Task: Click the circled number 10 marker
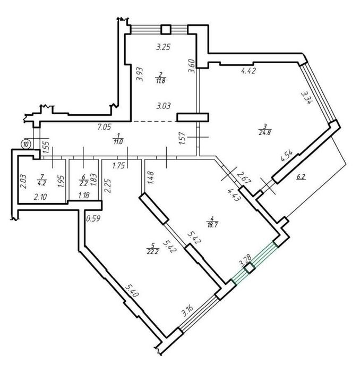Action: click(x=27, y=144)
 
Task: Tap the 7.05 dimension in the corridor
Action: click(x=104, y=128)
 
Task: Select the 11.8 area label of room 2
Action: click(x=161, y=81)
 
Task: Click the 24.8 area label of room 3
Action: click(x=265, y=132)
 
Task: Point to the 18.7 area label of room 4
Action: click(x=212, y=225)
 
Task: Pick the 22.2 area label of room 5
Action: click(x=152, y=251)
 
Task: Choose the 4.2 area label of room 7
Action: click(x=42, y=182)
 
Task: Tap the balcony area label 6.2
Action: click(x=301, y=177)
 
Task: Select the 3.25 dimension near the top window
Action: click(x=164, y=47)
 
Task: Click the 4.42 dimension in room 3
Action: click(x=248, y=71)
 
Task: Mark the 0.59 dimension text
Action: click(x=93, y=218)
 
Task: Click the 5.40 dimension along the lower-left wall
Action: click(x=131, y=291)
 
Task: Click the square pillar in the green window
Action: click(x=250, y=269)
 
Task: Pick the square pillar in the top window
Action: click(x=166, y=29)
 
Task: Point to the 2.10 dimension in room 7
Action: click(x=40, y=197)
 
